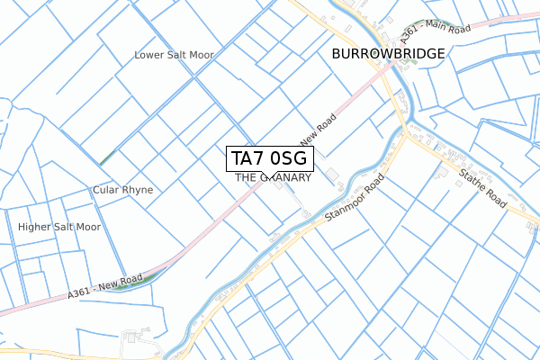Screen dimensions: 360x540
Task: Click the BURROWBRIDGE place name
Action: pos(388,54)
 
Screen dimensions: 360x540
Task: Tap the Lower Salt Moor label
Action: pos(174,55)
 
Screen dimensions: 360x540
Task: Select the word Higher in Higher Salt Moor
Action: pos(35,227)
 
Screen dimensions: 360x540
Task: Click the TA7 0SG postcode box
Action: pos(270,159)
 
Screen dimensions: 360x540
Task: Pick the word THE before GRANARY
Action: pos(245,178)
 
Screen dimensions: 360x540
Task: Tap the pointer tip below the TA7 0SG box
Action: pos(270,177)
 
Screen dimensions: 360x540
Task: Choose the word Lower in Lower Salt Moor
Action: pos(148,55)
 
